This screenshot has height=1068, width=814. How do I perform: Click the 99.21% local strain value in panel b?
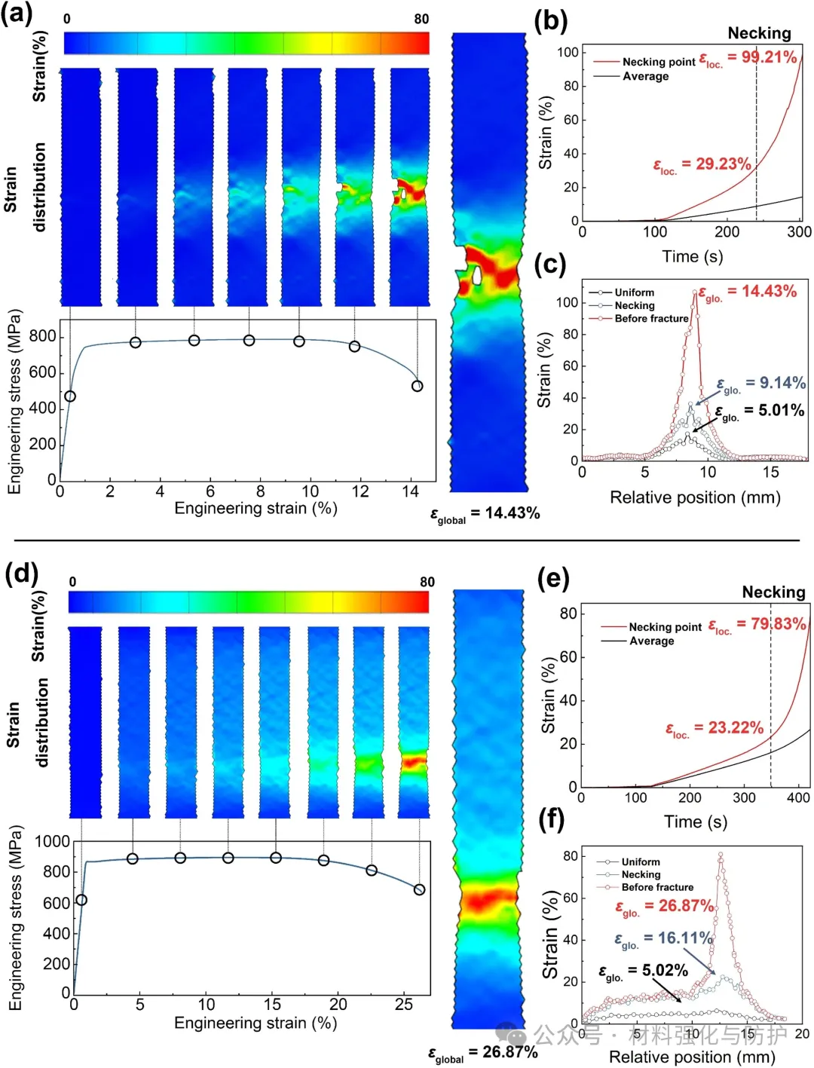pos(769,57)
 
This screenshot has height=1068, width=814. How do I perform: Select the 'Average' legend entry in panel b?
pos(645,76)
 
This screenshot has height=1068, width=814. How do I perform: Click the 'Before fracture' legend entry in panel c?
pos(651,319)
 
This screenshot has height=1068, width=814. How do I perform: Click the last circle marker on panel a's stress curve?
pos(417,386)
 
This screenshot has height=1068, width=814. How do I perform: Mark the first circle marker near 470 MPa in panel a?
pos(70,396)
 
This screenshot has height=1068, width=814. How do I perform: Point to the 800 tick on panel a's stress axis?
pos(42,336)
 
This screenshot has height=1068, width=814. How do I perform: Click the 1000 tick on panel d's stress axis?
pos(52,841)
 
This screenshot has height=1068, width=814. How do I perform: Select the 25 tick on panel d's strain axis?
pos(404,1004)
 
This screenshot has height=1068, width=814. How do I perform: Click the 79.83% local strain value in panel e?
pos(771,624)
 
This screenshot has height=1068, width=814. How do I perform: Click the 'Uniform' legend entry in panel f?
pos(640,861)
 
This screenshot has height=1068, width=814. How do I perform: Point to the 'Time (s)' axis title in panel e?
pos(695,822)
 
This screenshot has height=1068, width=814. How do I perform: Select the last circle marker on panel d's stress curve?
pos(419,889)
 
